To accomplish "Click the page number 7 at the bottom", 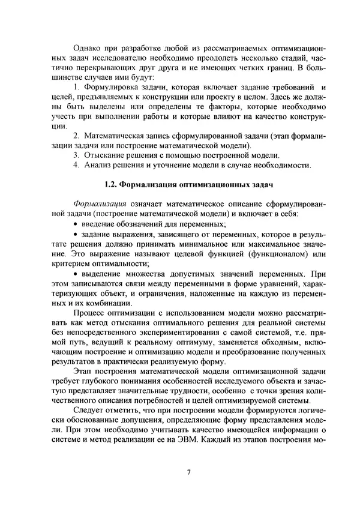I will [188, 472].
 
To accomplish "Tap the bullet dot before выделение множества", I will [75, 271].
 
